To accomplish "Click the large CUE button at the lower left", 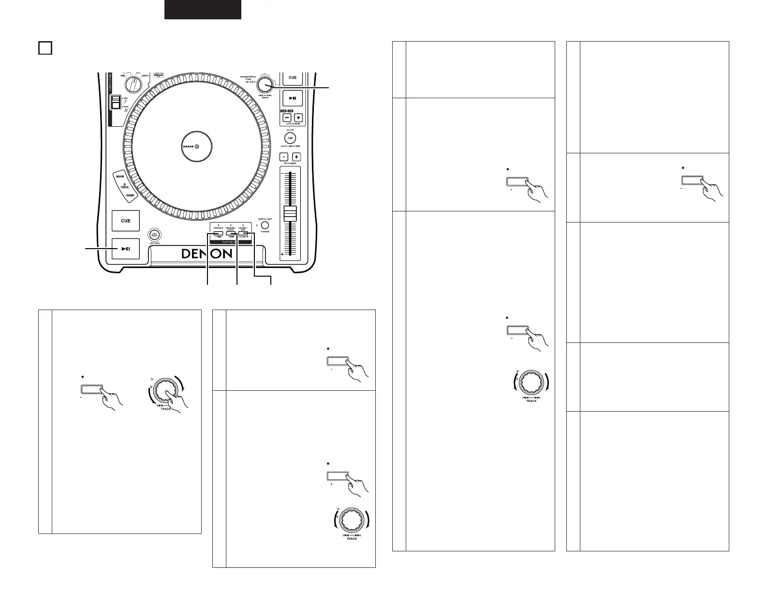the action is (126, 221).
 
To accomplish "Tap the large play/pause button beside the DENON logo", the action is (126, 249).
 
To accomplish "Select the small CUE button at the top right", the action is (293, 78).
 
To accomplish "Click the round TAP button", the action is (290, 138).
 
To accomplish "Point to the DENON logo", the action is (207, 254).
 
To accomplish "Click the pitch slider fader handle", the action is (290, 214).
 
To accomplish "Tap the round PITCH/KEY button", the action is (265, 225).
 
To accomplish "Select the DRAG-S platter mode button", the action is (212, 234).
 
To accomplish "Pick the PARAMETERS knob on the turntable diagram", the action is (264, 85).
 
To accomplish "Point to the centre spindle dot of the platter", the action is (197, 147).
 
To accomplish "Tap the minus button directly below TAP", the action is (284, 157).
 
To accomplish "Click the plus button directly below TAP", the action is (296, 157).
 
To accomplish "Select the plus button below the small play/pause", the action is (298, 118).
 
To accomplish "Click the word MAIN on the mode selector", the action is (120, 177).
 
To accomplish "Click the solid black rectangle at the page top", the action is (203, 9).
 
